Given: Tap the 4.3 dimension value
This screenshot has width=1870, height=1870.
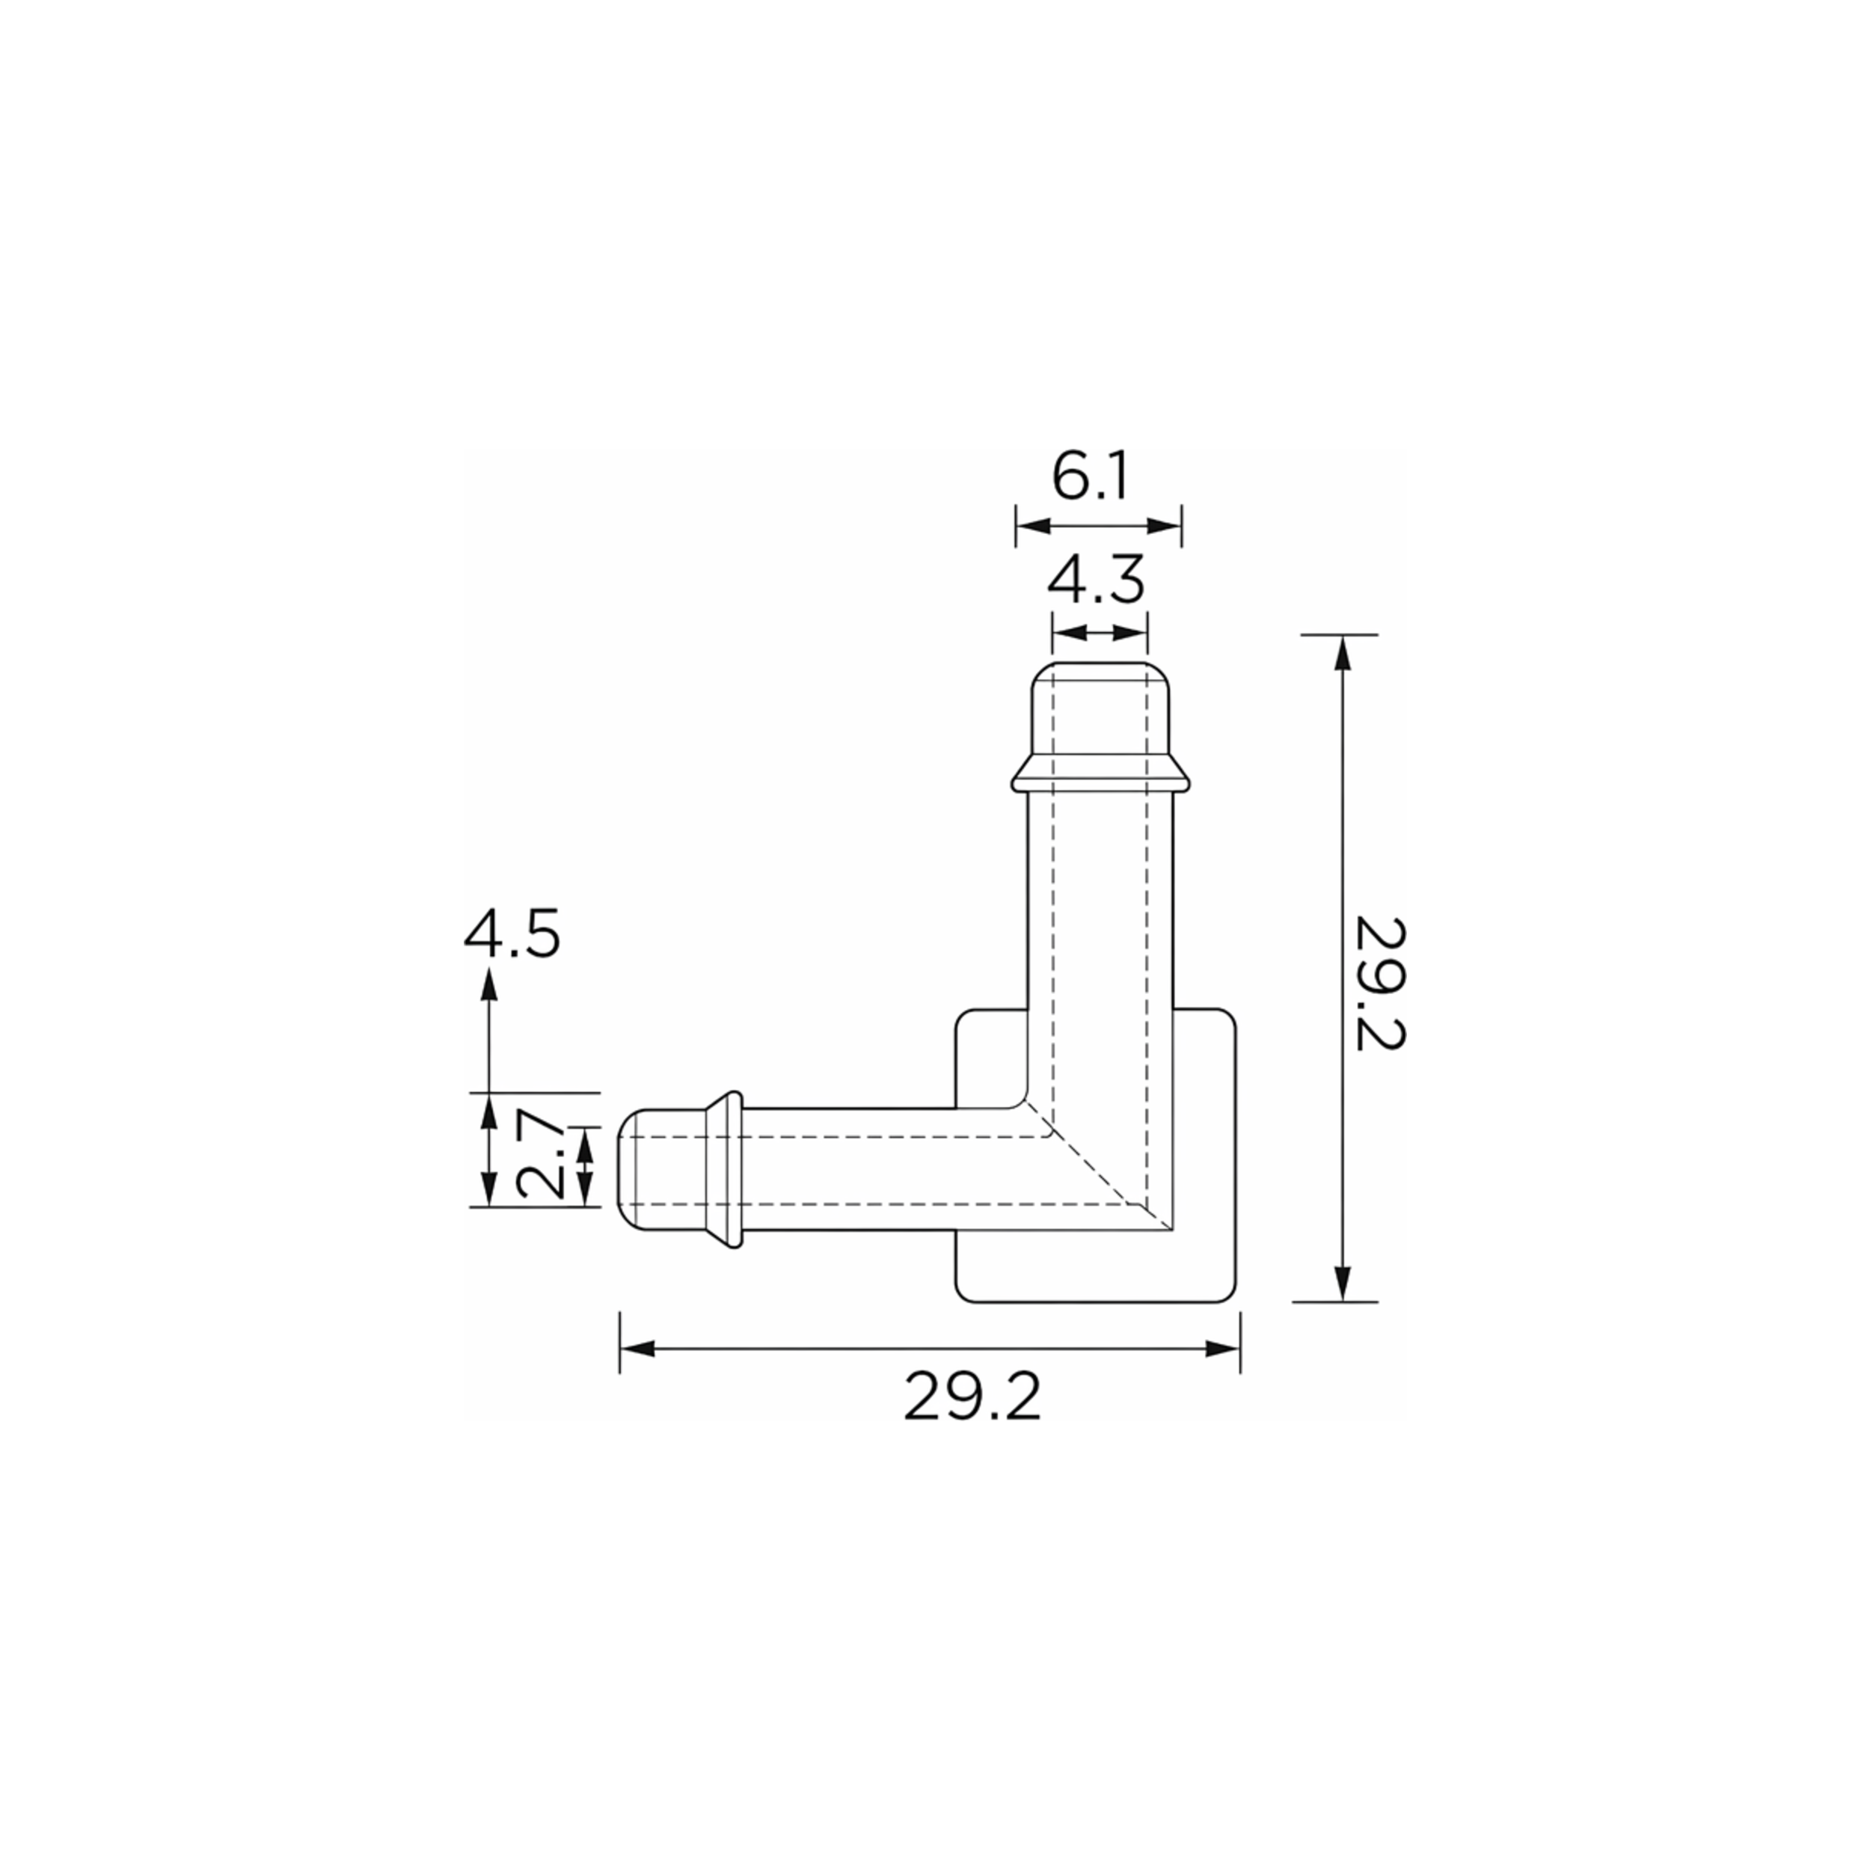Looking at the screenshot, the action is pyautogui.click(x=1097, y=580).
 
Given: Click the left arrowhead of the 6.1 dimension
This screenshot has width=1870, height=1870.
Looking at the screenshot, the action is pyautogui.click(x=1033, y=526).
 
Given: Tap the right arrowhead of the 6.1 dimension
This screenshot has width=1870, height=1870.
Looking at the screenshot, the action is pyautogui.click(x=1163, y=526).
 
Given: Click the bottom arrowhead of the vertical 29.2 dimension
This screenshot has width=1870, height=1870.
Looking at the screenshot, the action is pyautogui.click(x=1341, y=1284).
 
